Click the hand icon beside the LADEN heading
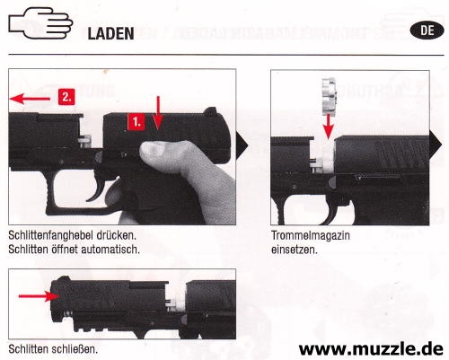pyautogui.click(x=40, y=23)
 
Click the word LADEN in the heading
pyautogui.click(x=110, y=33)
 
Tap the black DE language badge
pyautogui.click(x=427, y=31)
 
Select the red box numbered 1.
pyautogui.click(x=136, y=122)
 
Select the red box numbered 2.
pyautogui.click(x=66, y=97)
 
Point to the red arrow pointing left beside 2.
pyautogui.click(x=30, y=99)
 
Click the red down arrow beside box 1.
pyautogui.click(x=158, y=113)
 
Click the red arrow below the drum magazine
pyautogui.click(x=329, y=127)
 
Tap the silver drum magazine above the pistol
pyautogui.click(x=329, y=96)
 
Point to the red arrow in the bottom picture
pyautogui.click(x=39, y=296)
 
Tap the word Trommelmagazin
pyautogui.click(x=311, y=235)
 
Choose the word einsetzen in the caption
pyautogui.click(x=295, y=250)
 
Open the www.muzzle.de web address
pyautogui.click(x=371, y=348)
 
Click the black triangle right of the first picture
pyautogui.click(x=242, y=146)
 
